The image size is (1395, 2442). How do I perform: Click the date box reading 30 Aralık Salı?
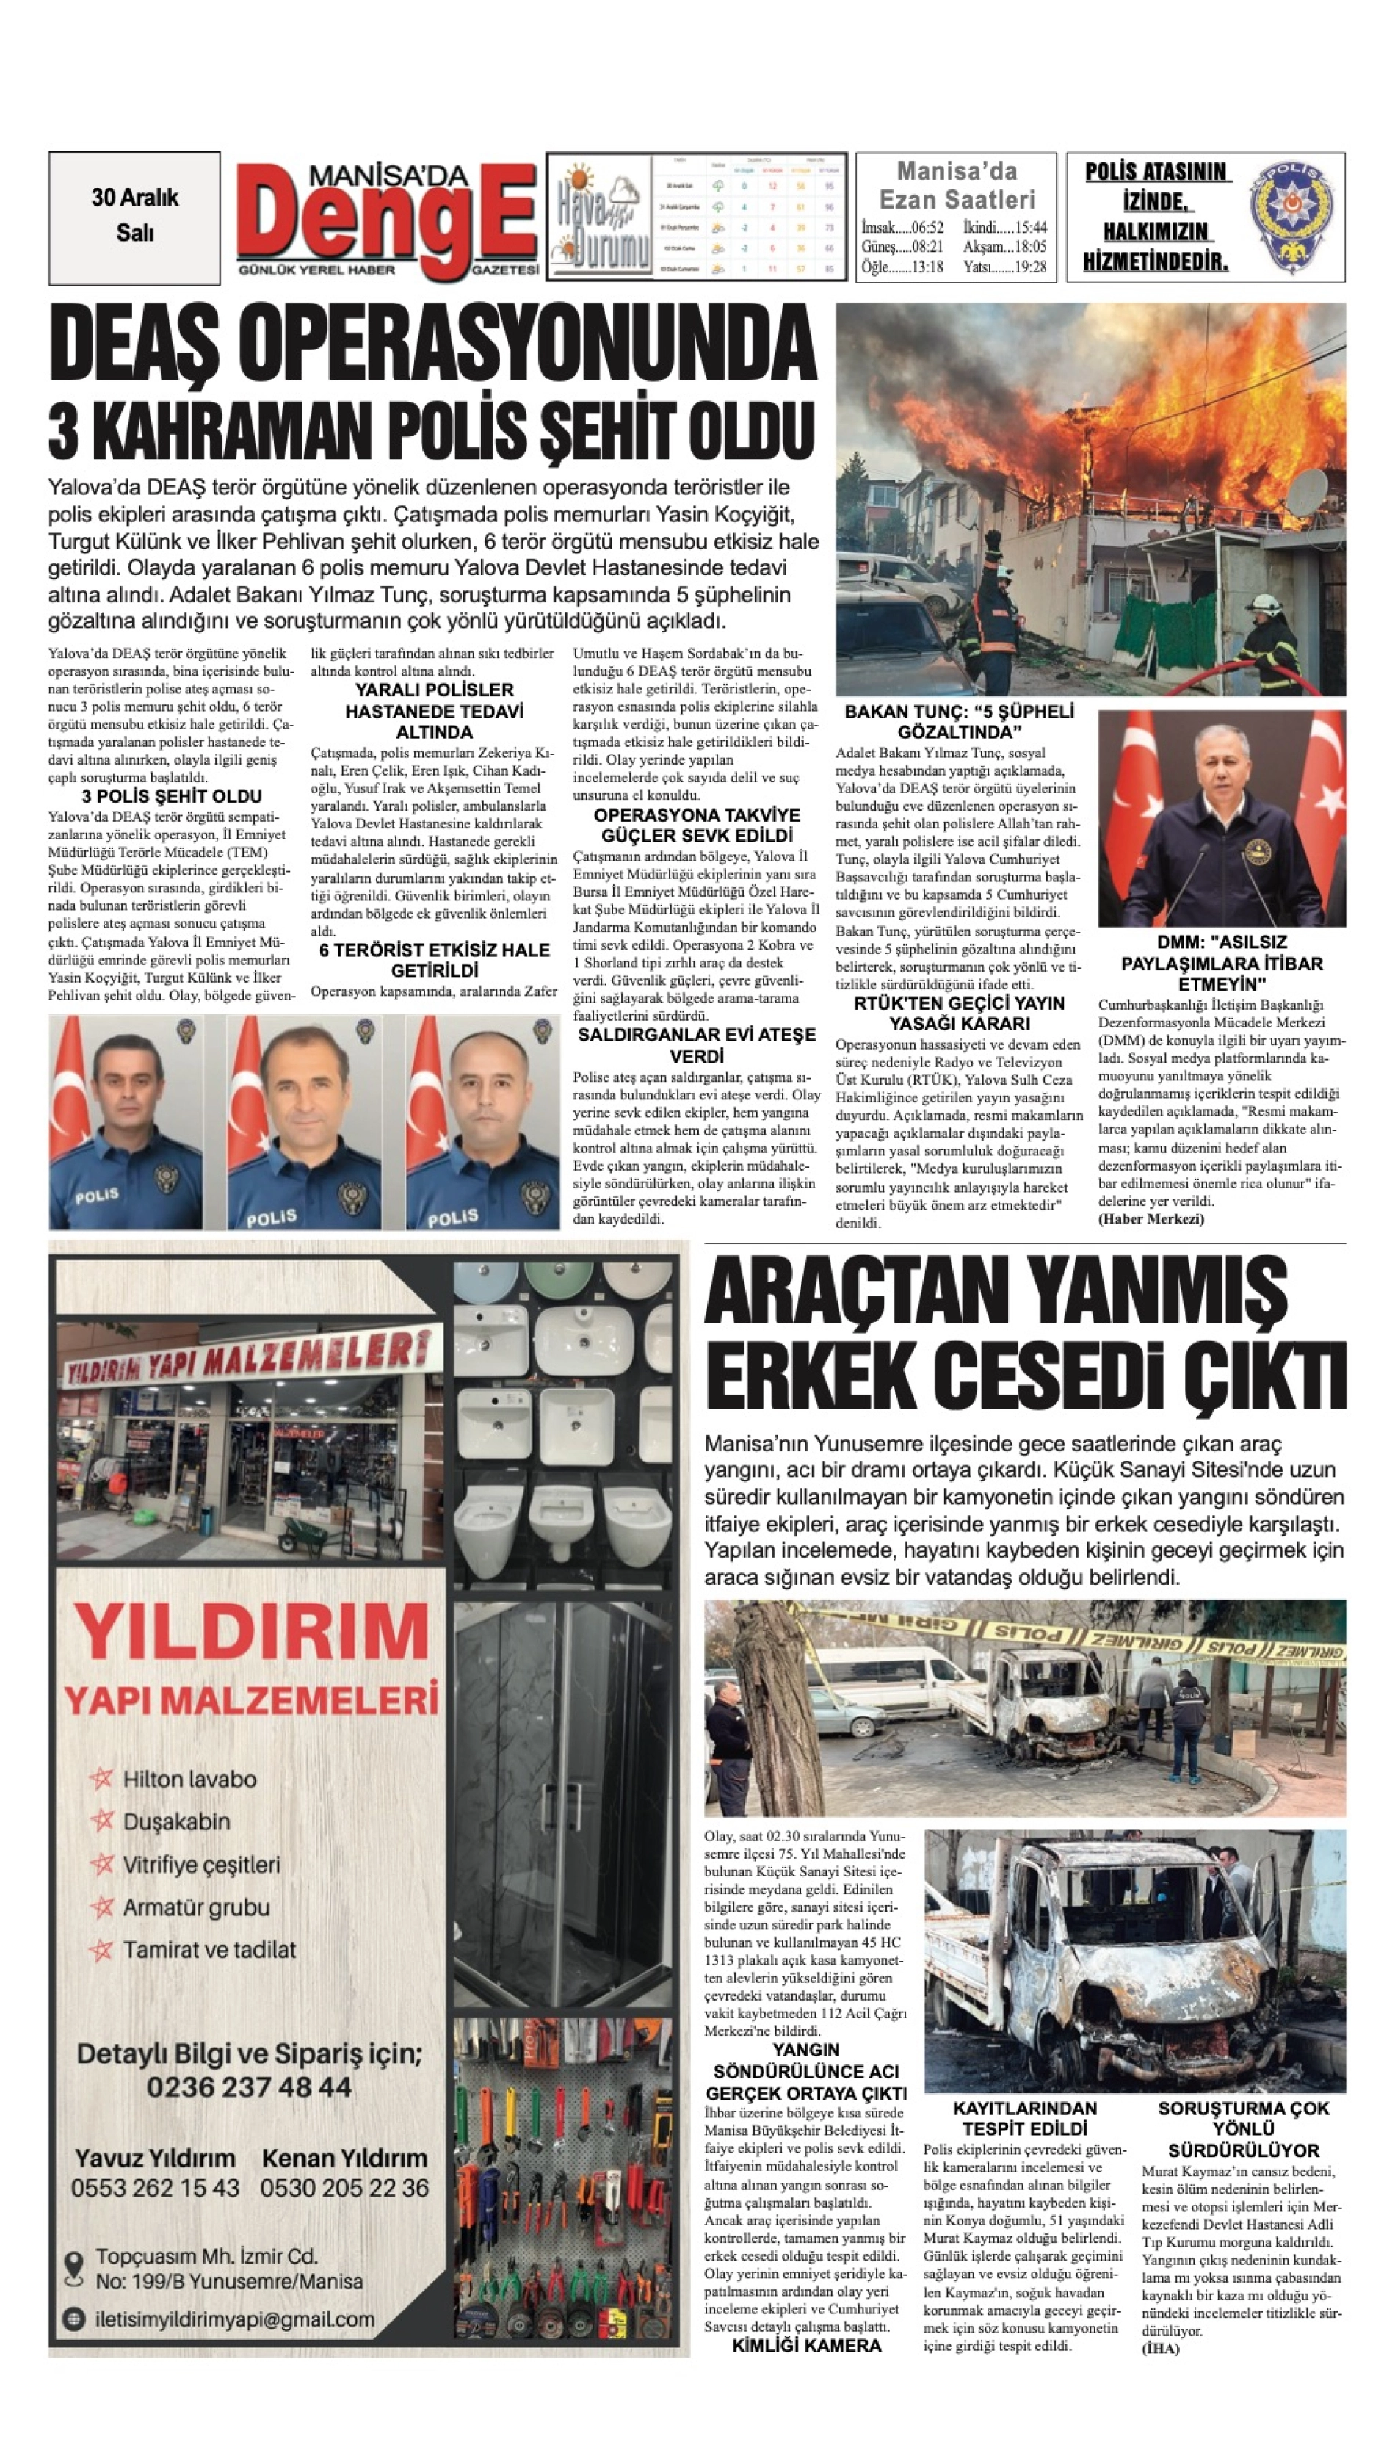[x=134, y=216]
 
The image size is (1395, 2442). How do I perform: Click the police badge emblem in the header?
[x=1291, y=217]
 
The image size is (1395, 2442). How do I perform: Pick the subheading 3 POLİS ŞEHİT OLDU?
[x=172, y=796]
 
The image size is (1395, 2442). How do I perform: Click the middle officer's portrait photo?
[x=304, y=1122]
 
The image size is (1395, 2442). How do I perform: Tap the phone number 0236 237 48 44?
[x=249, y=2087]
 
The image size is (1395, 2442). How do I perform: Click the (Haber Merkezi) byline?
[x=1151, y=1219]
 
